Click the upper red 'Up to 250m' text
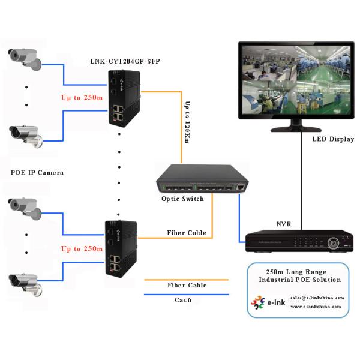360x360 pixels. point(82,97)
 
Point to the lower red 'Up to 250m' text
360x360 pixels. point(82,248)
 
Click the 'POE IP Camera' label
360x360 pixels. point(37,172)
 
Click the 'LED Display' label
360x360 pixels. point(332,140)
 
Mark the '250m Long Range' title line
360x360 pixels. point(298,271)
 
